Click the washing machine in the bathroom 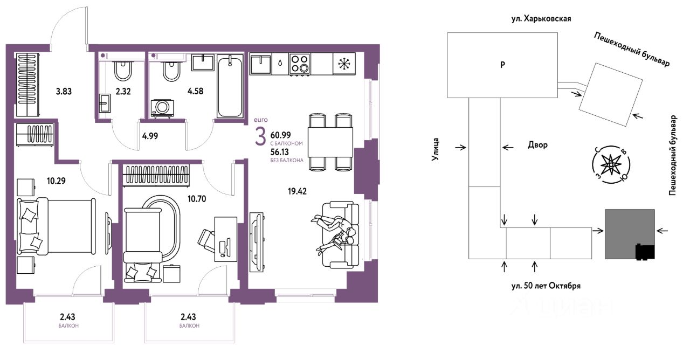pos(162,108)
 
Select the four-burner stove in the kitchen pos(299,64)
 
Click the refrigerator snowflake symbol pos(344,64)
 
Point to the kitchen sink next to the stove pos(260,64)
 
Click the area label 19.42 pos(297,191)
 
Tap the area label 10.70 pos(197,199)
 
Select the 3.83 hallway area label pos(64,92)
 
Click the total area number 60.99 pos(281,135)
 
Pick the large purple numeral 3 pos(260,137)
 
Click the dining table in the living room pos(330,143)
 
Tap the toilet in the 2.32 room pos(123,71)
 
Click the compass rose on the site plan pos(611,165)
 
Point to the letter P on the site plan pos(502,65)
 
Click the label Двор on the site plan pos(538,145)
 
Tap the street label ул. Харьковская pos(541,19)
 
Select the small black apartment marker pos(645,252)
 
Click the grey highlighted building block pos(630,234)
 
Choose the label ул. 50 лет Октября pos(546,286)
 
